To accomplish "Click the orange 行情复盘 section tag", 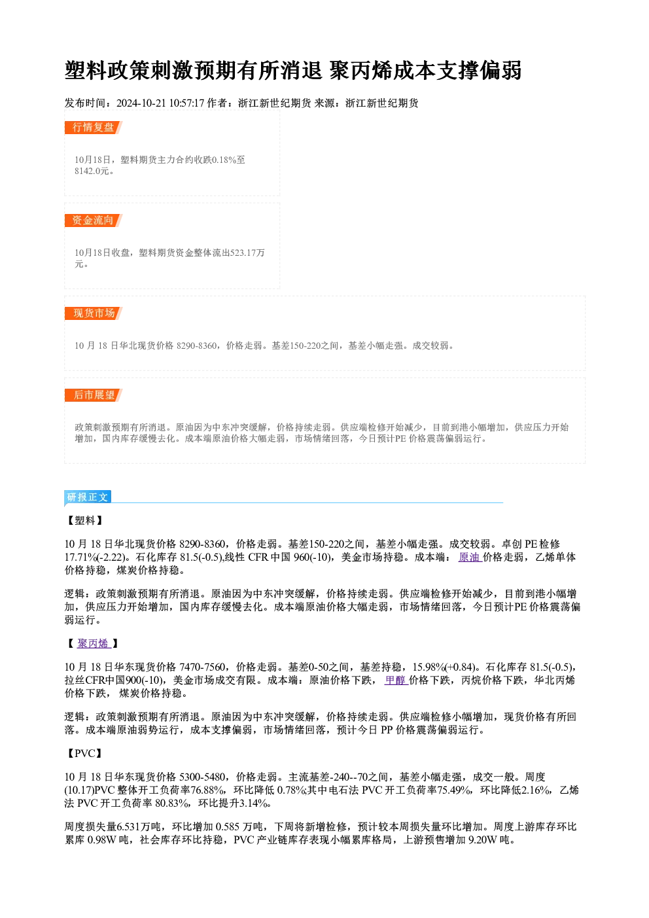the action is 93,128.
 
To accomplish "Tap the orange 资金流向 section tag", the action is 93,221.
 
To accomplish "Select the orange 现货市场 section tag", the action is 93,313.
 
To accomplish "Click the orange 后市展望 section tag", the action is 93,395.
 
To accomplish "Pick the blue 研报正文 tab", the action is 88,497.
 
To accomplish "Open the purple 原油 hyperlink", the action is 470,557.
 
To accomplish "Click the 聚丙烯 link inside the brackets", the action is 94,643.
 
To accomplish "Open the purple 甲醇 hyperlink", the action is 396,680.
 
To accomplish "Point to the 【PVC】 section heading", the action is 84,753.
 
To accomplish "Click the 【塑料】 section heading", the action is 84,520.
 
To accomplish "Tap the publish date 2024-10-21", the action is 141,103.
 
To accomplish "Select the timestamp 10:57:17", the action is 187,103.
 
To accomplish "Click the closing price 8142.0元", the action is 92,171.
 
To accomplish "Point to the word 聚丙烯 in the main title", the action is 360,70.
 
